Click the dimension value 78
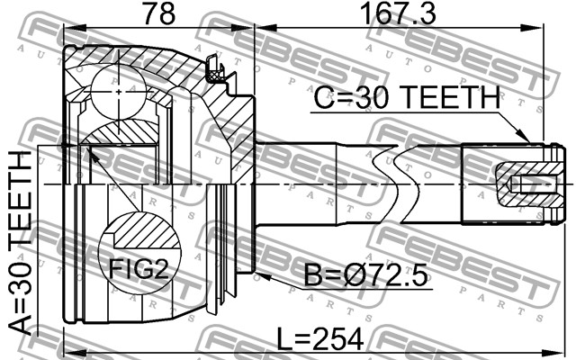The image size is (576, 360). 159,13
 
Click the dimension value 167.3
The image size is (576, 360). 398,13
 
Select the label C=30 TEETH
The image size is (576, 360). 407,98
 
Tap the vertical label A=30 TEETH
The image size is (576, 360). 21,243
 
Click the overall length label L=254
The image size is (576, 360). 319,339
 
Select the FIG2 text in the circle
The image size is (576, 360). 139,270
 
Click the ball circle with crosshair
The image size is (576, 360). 118,92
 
